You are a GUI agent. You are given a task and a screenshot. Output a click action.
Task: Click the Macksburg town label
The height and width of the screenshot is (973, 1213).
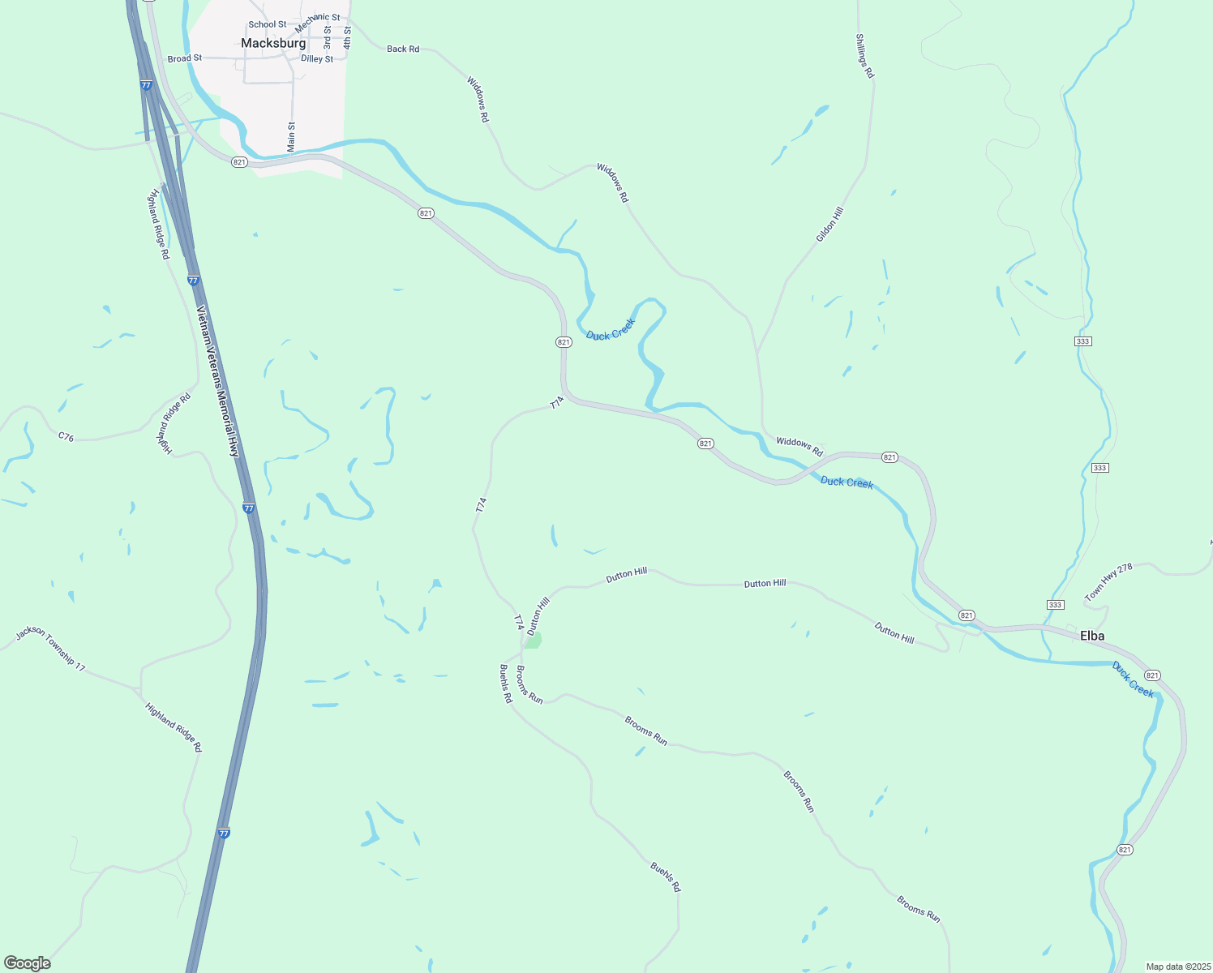pos(273,43)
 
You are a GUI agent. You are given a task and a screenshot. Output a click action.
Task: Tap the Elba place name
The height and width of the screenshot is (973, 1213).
pos(1092,636)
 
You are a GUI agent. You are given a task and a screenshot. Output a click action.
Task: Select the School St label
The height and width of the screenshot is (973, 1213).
pos(268,24)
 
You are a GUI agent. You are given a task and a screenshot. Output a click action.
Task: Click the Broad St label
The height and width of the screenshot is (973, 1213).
pos(185,58)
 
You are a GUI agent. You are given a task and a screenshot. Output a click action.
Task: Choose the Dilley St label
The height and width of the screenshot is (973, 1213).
pos(317,58)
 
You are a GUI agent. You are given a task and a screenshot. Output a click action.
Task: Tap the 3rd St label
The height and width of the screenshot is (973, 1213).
pos(328,37)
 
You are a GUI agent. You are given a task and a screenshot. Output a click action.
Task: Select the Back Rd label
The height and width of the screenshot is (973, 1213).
pos(403,49)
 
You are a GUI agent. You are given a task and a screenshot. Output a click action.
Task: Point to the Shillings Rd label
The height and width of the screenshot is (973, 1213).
pos(865,55)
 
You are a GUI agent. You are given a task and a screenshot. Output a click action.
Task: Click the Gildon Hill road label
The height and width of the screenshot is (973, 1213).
pos(829,224)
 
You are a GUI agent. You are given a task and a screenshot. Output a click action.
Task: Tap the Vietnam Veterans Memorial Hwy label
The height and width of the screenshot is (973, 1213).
pos(218,381)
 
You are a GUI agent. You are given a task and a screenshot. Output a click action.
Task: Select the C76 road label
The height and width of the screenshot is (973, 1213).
pos(66,437)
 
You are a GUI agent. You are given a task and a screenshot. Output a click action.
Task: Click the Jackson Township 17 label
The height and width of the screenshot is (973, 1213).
pos(50,648)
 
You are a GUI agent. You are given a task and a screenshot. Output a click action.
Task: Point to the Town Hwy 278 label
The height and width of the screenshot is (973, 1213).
pos(1108,582)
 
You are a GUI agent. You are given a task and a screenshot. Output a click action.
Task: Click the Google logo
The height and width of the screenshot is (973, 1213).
pos(28,962)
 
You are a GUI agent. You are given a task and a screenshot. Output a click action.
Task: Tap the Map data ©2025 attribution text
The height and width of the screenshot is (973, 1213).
pos(1177,967)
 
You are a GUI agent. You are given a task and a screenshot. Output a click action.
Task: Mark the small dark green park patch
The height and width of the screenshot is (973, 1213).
pos(533,641)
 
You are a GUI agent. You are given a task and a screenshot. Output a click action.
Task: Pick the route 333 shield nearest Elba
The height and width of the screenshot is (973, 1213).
pos(1055,605)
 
